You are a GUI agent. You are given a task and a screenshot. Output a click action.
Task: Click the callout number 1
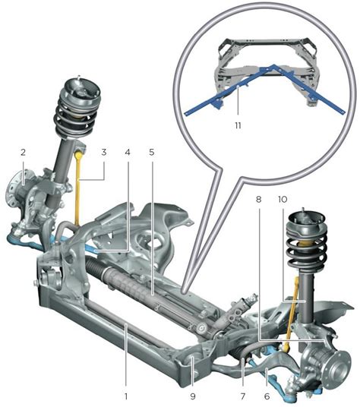[x=126, y=396]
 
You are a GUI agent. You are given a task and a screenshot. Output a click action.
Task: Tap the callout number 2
[x=24, y=153]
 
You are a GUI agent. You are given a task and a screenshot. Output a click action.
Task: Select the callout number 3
[x=104, y=152]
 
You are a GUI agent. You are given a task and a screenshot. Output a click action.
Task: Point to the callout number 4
[x=127, y=152]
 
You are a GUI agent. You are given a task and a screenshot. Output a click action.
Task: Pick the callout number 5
[x=152, y=152]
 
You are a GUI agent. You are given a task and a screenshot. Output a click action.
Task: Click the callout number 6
[x=267, y=396]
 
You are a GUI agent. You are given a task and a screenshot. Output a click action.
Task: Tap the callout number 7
[x=243, y=396]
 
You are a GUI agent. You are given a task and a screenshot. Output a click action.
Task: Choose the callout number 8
[x=258, y=200]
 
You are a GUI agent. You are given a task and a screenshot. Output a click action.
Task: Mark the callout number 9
[x=193, y=396]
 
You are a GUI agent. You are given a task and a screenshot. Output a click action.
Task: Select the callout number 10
[x=283, y=200]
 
